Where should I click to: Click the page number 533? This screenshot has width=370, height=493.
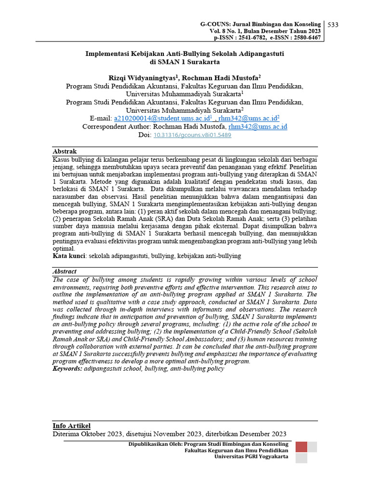click(333, 25)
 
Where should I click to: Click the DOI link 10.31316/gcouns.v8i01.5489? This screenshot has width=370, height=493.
click(192, 135)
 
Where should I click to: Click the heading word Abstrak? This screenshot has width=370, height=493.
click(65, 151)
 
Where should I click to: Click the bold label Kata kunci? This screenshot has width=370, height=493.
click(69, 256)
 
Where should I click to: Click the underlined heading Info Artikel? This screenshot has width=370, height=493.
click(71, 426)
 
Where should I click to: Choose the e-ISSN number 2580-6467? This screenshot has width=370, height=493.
click(305, 38)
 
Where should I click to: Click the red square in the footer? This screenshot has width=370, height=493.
click(301, 447)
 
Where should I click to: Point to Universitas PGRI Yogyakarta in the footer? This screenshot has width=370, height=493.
click(251, 456)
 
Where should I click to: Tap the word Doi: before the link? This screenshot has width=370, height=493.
click(145, 135)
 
